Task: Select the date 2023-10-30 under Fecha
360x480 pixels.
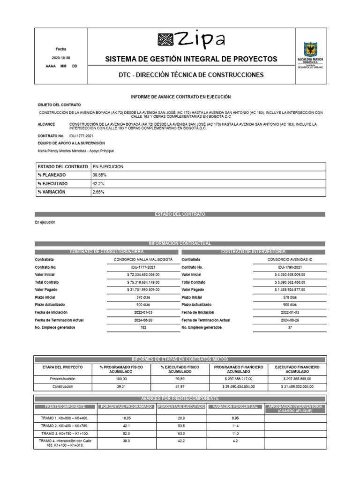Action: pos(61,58)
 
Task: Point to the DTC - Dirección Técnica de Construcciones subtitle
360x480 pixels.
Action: pos(190,75)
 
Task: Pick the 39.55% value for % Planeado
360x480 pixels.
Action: pos(99,175)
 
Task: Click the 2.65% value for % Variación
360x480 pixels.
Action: pos(98,192)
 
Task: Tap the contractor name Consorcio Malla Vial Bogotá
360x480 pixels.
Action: pos(143,259)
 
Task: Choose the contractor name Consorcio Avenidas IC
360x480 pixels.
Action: pos(290,259)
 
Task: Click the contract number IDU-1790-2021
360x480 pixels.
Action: pos(290,267)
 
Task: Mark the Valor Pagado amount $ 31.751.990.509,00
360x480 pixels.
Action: pos(143,290)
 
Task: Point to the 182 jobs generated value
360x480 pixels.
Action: pos(143,328)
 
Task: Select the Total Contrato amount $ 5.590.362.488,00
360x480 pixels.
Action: pos(290,282)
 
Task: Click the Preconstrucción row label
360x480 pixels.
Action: pos(63,378)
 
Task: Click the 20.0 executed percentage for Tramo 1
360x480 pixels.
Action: pos(180,418)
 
